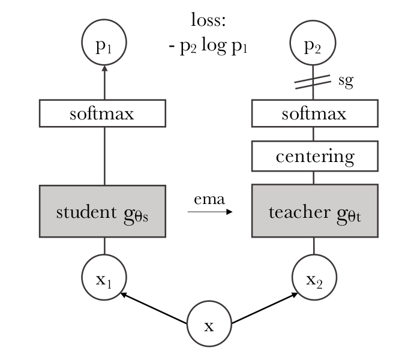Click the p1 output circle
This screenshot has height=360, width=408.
[x=104, y=42]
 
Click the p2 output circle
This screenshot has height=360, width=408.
[x=313, y=43]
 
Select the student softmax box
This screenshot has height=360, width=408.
[x=103, y=113]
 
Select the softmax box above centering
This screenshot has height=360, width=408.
[x=315, y=113]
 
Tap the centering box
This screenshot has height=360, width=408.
[x=315, y=156]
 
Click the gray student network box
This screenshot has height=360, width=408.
[x=103, y=211]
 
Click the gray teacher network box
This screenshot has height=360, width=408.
[x=315, y=211]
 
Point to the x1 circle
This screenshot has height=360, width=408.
[x=104, y=277]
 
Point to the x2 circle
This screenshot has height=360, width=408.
[x=314, y=277]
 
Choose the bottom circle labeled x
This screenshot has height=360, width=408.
[x=209, y=323]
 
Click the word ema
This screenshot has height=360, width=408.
[x=209, y=200]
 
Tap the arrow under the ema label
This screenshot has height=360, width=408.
[x=210, y=212]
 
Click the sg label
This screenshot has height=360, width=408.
[x=346, y=81]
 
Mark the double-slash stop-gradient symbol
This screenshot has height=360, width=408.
[x=313, y=82]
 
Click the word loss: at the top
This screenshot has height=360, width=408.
[x=208, y=20]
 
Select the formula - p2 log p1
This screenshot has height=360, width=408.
[x=208, y=46]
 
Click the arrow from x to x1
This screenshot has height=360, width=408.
[x=154, y=308]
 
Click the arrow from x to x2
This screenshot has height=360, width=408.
[x=265, y=308]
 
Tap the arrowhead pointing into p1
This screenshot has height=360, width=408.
[x=104, y=68]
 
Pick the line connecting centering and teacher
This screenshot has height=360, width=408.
[x=314, y=178]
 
